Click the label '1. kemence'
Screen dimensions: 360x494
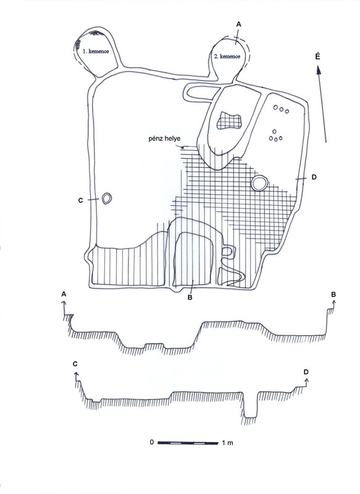[96, 51]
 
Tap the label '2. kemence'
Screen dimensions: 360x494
[227, 56]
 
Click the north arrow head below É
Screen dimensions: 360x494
[319, 70]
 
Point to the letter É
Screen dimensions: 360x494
[317, 56]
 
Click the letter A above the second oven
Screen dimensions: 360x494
[238, 24]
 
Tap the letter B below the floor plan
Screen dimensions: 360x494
[190, 298]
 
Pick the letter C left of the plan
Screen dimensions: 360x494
[81, 200]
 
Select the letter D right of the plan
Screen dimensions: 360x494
[314, 177]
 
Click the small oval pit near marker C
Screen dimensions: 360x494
[106, 199]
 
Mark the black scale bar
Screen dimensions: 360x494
[188, 443]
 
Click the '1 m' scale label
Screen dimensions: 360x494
[227, 443]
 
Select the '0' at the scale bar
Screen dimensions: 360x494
[152, 442]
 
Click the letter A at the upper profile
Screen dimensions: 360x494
[64, 294]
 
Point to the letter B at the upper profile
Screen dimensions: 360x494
[333, 295]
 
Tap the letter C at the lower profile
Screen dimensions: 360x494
[75, 364]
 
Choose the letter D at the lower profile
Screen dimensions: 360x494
[306, 372]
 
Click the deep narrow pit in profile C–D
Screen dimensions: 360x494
[250, 406]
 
